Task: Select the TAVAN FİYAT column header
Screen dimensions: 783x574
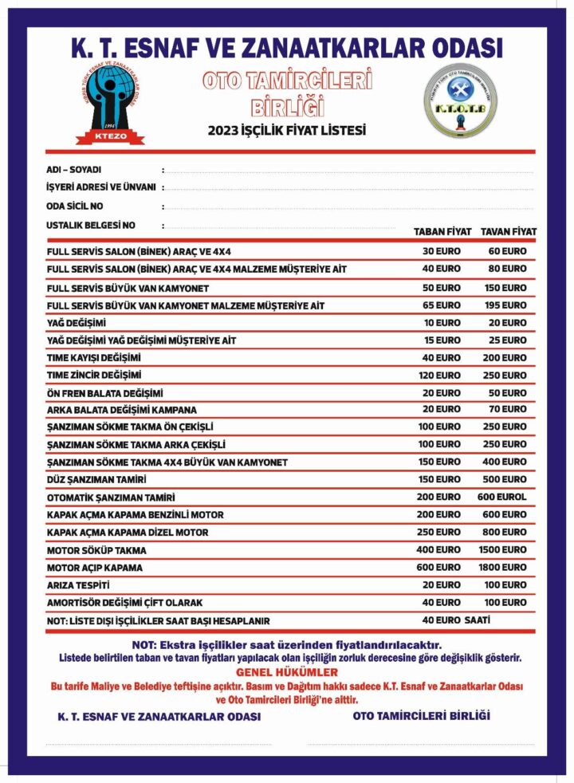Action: [508, 232]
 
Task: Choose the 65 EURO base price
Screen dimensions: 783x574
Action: [441, 305]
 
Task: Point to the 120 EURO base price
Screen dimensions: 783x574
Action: [441, 375]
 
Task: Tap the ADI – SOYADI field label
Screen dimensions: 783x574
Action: [74, 170]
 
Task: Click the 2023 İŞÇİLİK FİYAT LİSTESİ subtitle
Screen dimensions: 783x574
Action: [287, 130]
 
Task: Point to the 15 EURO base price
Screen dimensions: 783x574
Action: [441, 340]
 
